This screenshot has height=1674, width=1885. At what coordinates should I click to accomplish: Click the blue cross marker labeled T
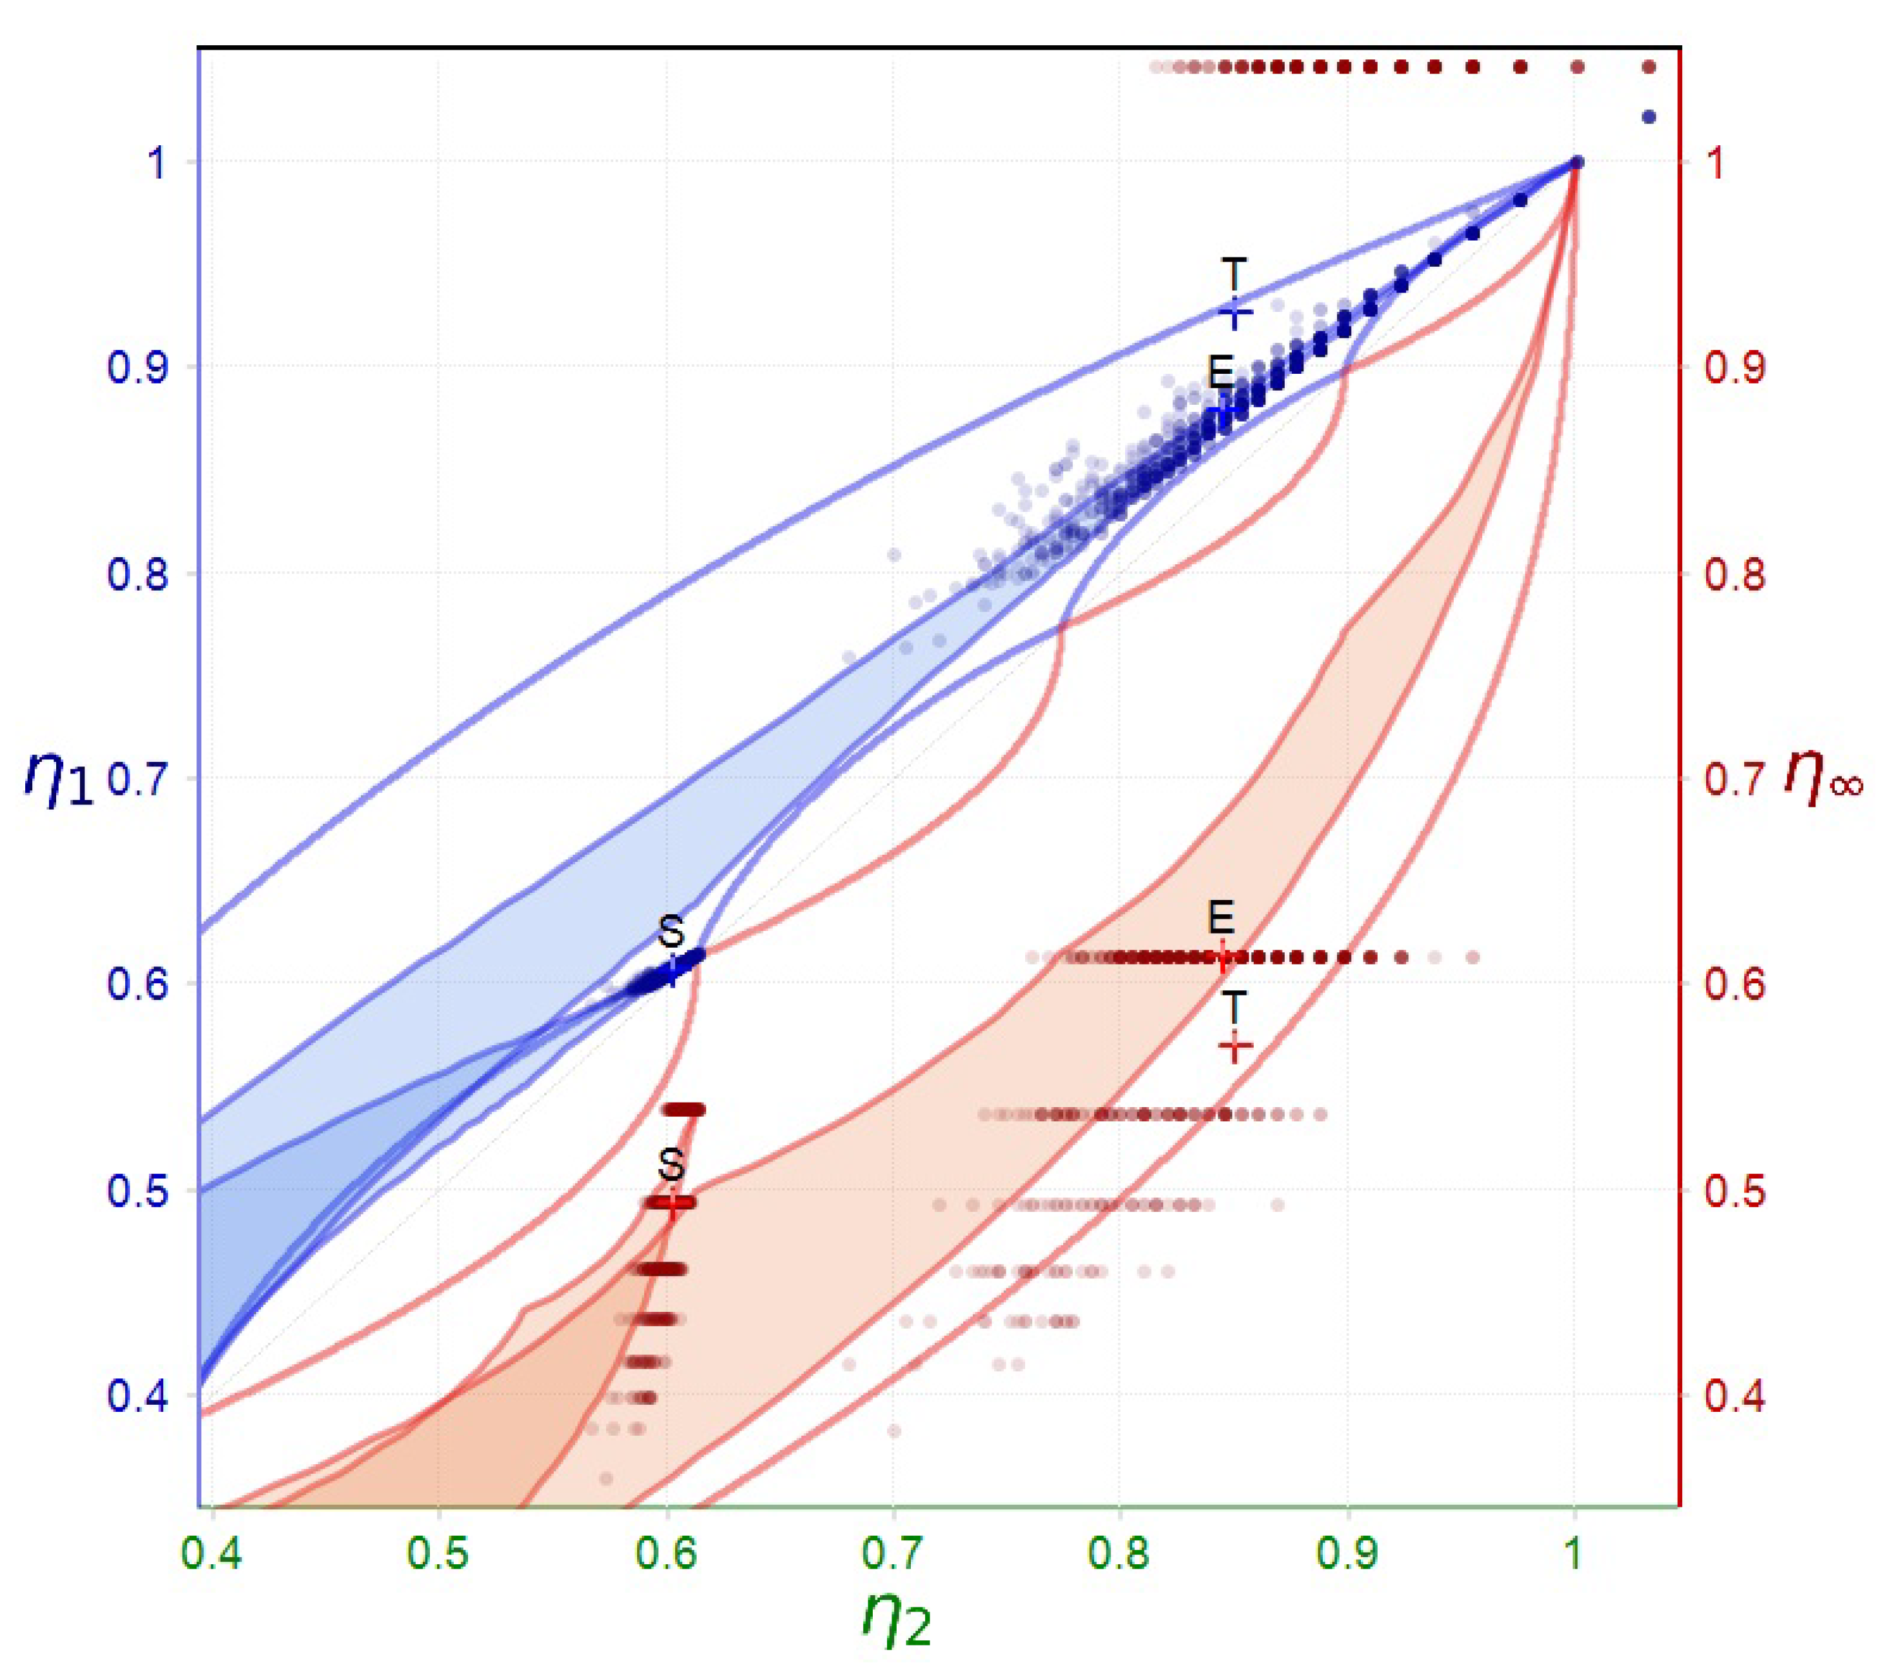click(1236, 312)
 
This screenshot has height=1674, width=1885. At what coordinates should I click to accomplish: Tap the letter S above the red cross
click(671, 1166)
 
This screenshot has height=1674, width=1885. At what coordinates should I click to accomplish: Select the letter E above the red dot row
click(1221, 918)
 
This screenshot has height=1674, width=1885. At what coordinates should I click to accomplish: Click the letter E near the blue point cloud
click(1221, 372)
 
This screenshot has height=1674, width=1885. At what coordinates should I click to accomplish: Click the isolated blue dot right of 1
click(1649, 117)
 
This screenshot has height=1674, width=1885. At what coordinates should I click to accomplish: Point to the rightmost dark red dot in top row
click(1649, 66)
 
